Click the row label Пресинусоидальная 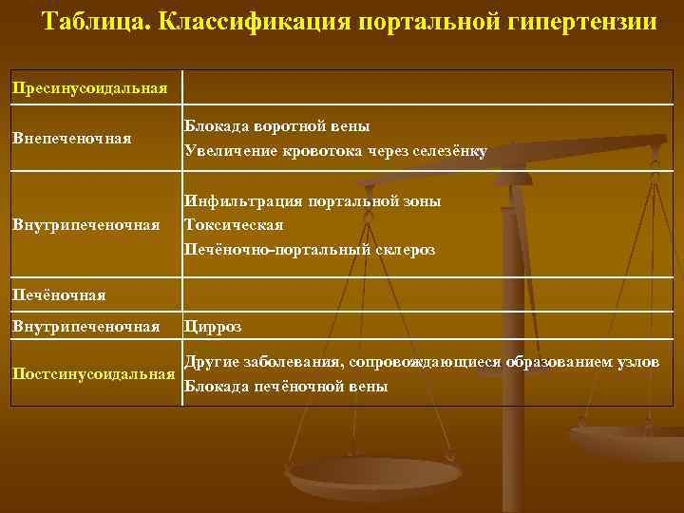point(89,88)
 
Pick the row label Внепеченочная point(71,139)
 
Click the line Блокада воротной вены point(277,125)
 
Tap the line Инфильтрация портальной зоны point(313,200)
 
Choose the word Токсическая point(234,225)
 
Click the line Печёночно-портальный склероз point(310,250)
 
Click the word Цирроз point(213,327)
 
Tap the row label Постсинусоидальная point(94,373)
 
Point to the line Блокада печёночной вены point(286,386)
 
